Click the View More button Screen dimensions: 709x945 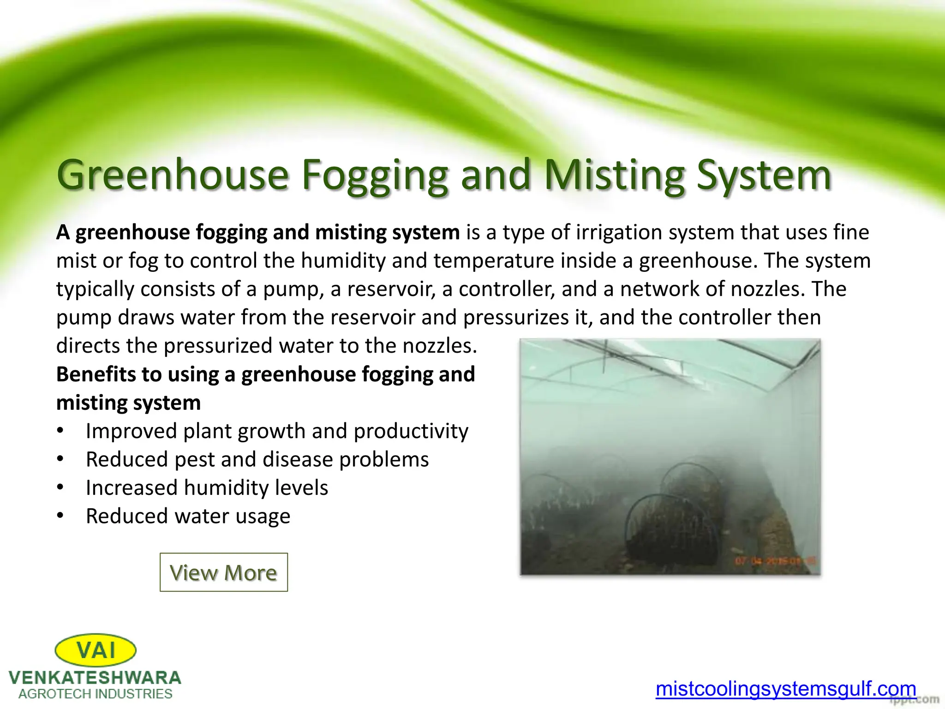pos(224,572)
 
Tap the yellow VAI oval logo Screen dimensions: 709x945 pos(96,650)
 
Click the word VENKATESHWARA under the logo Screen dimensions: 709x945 pos(95,678)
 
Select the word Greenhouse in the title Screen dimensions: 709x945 pos(173,175)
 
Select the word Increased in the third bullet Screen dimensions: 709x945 pos(132,488)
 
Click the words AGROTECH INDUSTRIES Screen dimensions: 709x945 pos(96,694)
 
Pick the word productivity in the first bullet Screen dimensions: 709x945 pos(411,431)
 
